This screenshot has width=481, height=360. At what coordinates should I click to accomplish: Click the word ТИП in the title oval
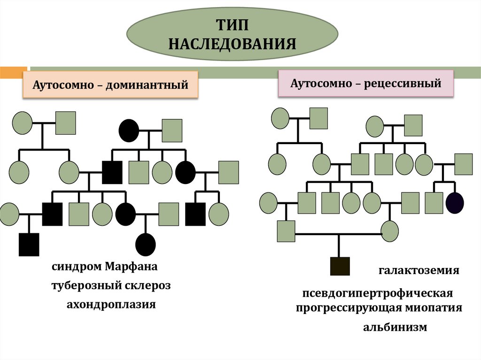pos(232,24)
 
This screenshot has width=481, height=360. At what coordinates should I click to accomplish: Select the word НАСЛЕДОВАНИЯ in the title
pos(232,44)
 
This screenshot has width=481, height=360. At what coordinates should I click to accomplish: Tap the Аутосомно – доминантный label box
pos(110,85)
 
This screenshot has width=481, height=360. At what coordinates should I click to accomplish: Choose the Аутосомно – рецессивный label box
pos(366,84)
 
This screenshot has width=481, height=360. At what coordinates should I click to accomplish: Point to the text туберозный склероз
pos(111,286)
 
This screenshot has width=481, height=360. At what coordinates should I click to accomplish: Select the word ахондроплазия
pos(111,304)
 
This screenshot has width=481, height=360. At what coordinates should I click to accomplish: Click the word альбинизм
pos(395,327)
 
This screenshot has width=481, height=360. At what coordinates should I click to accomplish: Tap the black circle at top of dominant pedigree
pos(129,130)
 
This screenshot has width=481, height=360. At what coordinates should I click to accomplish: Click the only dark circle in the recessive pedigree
pos(455,203)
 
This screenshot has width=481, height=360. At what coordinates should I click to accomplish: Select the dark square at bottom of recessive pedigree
pos(340,266)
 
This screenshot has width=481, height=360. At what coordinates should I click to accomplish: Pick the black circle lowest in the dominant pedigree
pos(145,244)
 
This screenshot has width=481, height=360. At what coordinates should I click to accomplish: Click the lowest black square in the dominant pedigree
pos(29,244)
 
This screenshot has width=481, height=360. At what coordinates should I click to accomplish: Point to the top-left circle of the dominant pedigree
pos(22,123)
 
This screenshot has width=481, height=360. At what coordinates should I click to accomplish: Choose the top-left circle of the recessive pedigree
pos(280,118)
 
